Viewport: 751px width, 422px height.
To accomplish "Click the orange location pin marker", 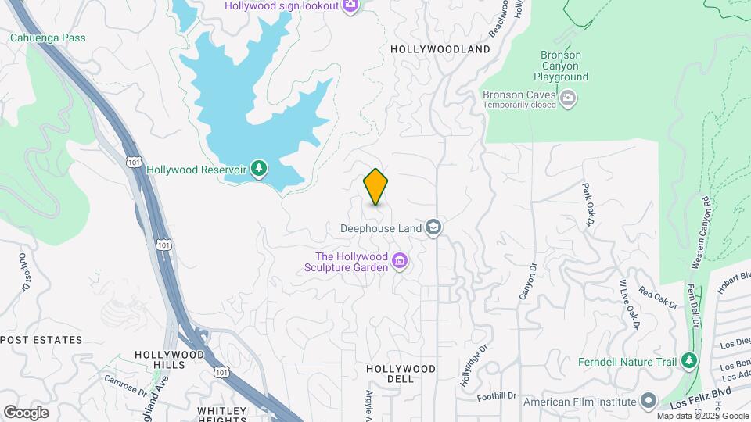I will tap(376, 187).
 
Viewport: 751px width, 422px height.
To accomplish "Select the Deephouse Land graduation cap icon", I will tap(433, 228).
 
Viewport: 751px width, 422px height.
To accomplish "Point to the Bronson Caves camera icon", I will tap(569, 98).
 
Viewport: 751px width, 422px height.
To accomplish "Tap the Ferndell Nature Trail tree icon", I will tap(689, 361).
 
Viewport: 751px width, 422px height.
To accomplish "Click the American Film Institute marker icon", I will tap(648, 402).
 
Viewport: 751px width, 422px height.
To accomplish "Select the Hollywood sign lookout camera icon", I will tap(350, 6).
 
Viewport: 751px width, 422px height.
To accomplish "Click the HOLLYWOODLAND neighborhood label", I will tap(440, 49).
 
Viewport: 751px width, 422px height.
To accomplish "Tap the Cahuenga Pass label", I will tap(48, 38).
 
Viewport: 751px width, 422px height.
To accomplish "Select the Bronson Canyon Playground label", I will tap(561, 66).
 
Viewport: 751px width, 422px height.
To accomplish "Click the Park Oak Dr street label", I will tap(588, 206).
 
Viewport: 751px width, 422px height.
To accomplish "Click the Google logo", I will tap(26, 413).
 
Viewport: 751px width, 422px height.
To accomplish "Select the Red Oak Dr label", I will tap(658, 298).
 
